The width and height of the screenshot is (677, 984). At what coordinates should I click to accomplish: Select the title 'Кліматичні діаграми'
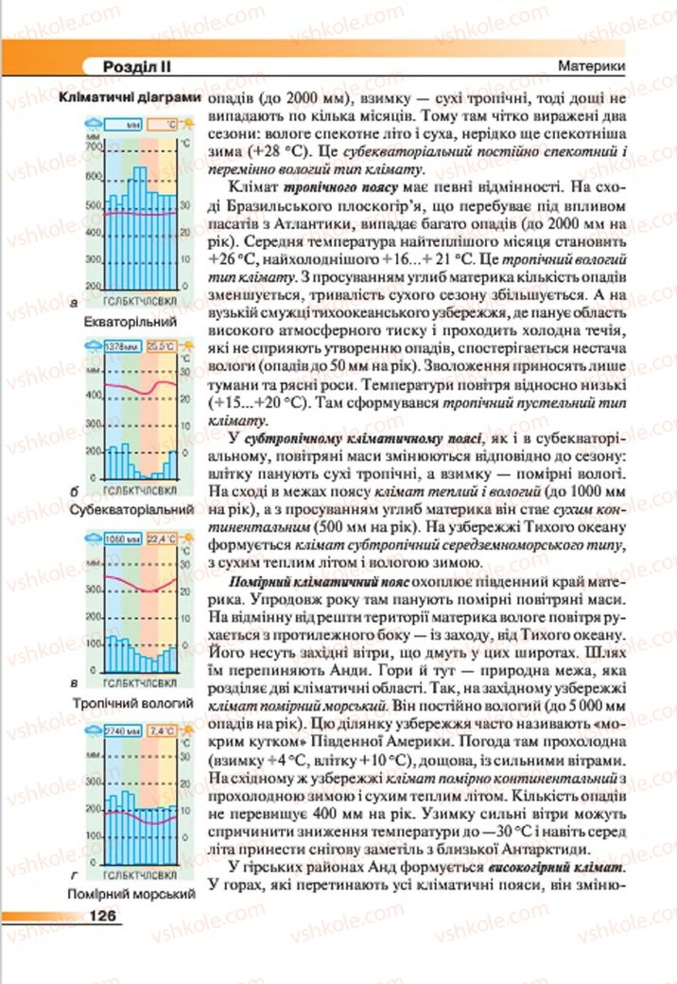[x=130, y=97]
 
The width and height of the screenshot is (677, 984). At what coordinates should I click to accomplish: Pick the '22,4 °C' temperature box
[x=162, y=539]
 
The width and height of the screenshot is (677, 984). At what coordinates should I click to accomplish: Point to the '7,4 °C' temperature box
[x=162, y=730]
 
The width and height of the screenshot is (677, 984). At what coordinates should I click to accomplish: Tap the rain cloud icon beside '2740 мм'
[x=95, y=729]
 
